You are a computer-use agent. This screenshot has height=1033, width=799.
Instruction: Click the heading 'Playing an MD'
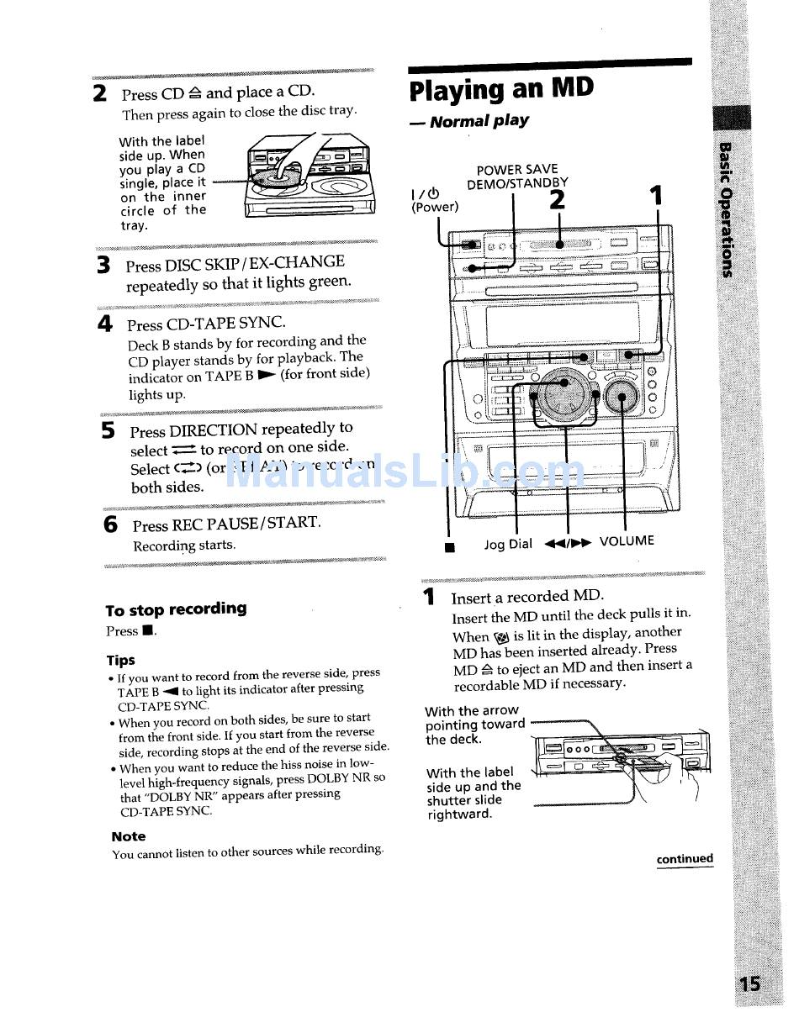(501, 89)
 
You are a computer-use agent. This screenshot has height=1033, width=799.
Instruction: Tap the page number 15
(749, 983)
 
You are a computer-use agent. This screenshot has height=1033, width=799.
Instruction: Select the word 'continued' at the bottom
(685, 859)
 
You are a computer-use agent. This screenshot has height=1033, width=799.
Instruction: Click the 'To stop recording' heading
(176, 609)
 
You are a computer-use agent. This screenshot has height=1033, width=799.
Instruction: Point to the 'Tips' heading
(120, 660)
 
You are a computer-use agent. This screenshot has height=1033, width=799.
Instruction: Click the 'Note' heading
(128, 836)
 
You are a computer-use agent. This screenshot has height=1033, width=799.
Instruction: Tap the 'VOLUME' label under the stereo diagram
(627, 540)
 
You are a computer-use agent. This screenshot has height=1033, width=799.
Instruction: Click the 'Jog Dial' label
(508, 544)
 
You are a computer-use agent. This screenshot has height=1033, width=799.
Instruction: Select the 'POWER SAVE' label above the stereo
(517, 170)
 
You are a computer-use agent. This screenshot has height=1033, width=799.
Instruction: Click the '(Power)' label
(435, 207)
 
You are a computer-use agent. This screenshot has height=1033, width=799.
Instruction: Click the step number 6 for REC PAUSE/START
(110, 524)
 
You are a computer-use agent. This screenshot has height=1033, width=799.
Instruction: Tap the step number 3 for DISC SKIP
(103, 266)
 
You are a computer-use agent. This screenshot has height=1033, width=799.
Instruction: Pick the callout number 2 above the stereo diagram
(557, 200)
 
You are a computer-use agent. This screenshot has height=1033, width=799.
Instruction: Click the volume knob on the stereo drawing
(622, 393)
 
